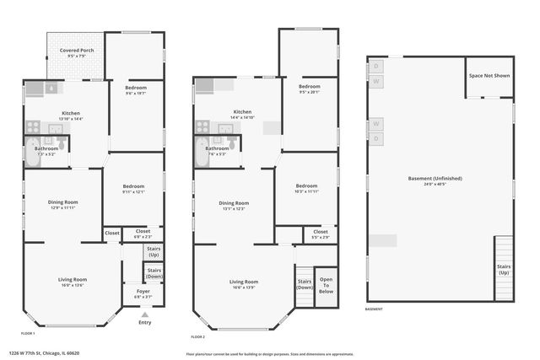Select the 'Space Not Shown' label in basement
tap(489, 76)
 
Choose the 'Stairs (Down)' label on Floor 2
tap(304, 284)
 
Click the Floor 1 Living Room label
tap(72, 279)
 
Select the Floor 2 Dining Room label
tap(234, 202)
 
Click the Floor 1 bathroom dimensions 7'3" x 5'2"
tap(46, 154)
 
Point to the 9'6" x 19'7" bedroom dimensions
tap(136, 94)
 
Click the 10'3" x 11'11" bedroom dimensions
tap(306, 191)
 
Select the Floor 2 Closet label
tap(321, 231)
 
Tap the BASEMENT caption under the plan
tap(374, 309)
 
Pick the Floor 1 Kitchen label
tap(70, 112)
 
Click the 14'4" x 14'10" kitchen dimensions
tap(242, 117)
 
